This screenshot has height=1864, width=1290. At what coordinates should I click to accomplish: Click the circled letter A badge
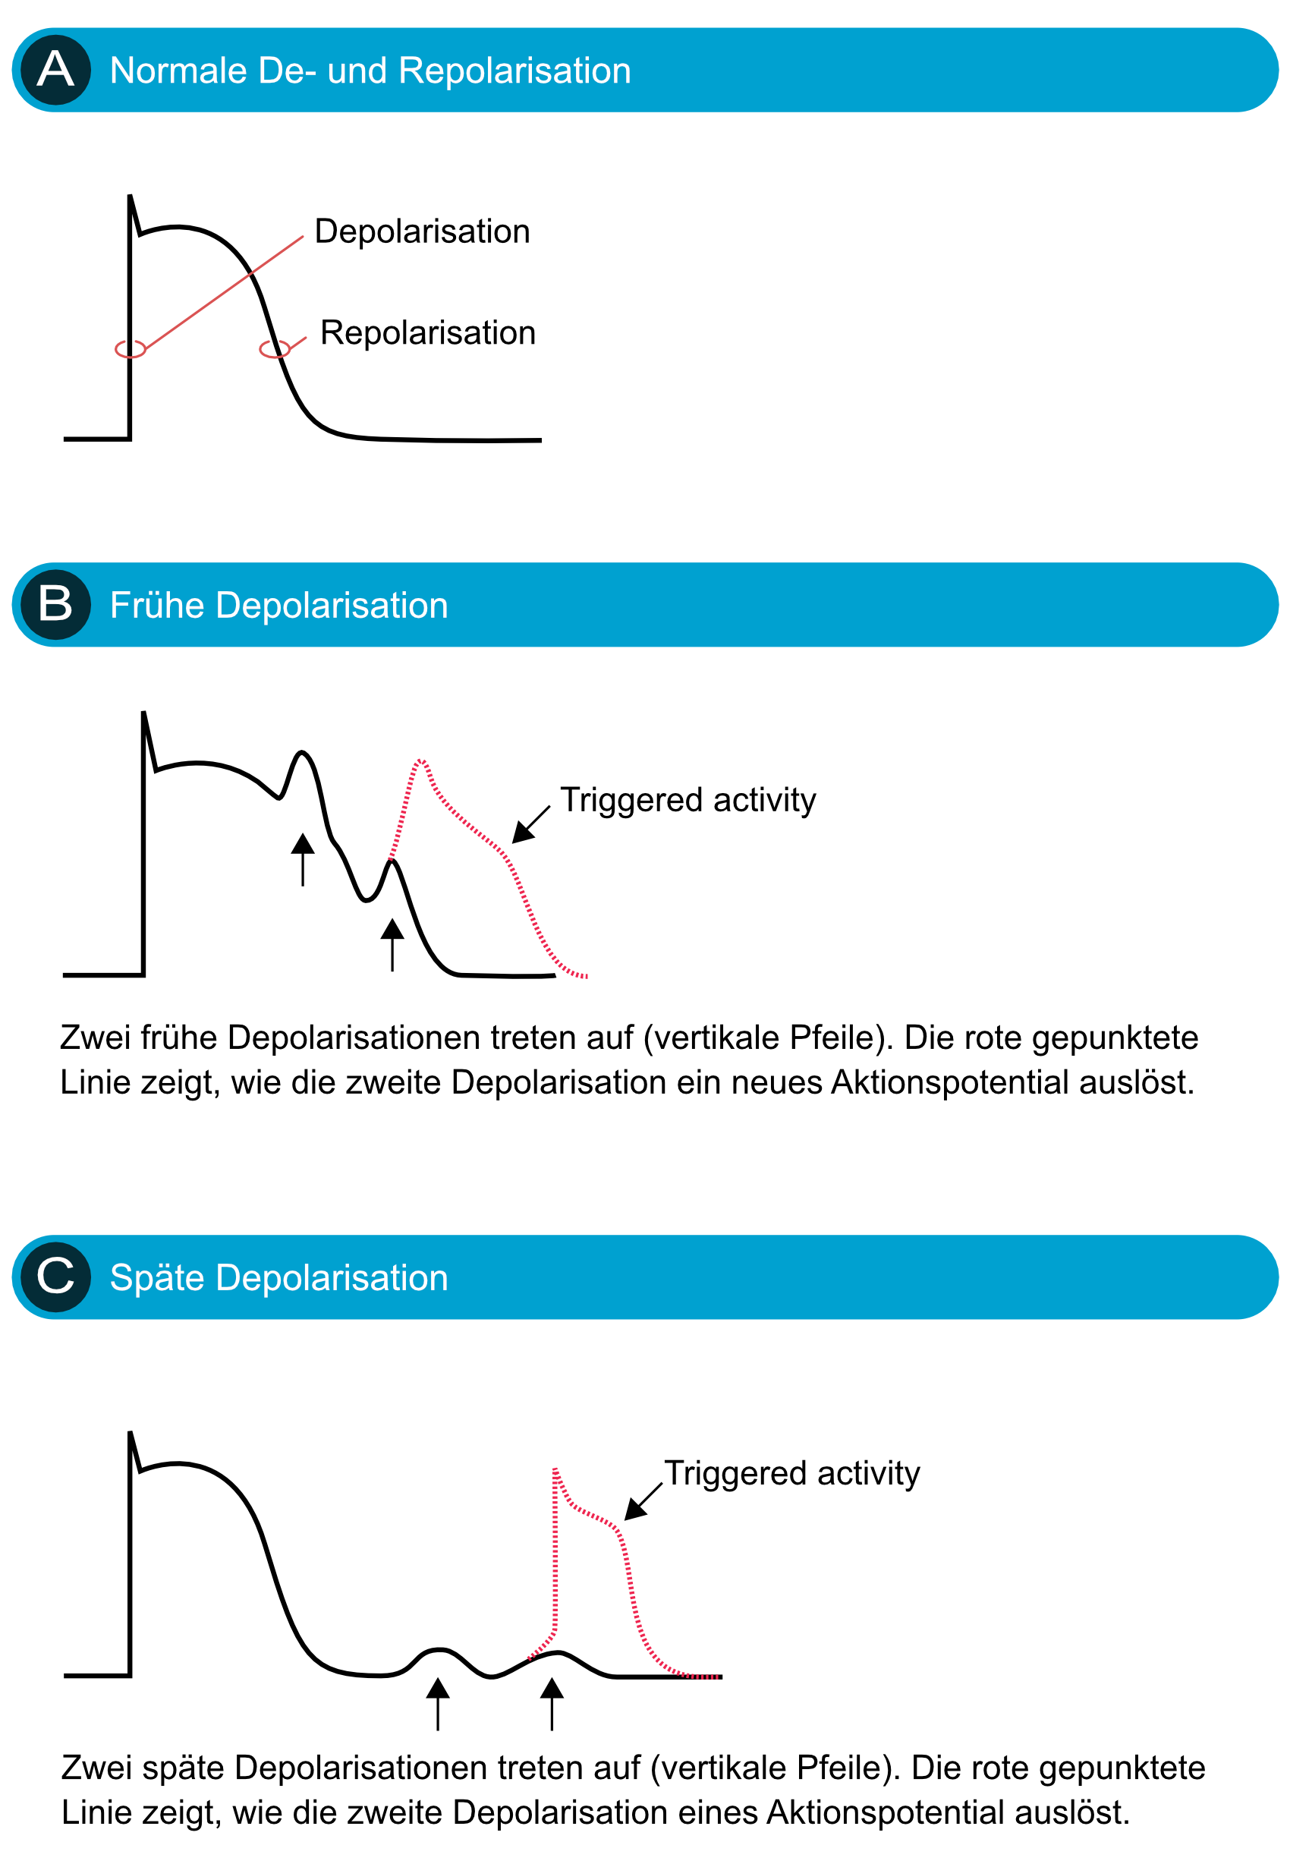[x=55, y=70]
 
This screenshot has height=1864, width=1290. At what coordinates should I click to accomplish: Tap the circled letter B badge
[x=55, y=605]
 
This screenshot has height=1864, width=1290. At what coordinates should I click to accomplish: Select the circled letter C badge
[x=55, y=1277]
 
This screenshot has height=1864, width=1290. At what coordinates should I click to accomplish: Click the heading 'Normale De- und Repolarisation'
[x=370, y=71]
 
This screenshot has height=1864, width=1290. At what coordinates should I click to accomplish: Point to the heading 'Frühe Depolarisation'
[x=278, y=606]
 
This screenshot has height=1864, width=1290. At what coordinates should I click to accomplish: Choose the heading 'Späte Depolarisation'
[x=278, y=1278]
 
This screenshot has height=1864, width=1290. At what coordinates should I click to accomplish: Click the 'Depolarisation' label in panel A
[x=422, y=231]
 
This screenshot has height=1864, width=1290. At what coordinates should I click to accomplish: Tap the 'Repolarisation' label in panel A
[x=427, y=333]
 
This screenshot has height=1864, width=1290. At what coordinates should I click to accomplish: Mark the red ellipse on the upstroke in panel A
[x=130, y=349]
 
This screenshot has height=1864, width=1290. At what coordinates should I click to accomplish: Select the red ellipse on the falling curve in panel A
[x=275, y=349]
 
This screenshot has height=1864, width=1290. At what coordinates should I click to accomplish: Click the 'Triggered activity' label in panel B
[x=687, y=800]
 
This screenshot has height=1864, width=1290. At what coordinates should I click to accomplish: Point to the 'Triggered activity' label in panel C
[x=792, y=1474]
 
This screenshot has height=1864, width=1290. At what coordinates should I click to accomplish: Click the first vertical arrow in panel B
[x=303, y=860]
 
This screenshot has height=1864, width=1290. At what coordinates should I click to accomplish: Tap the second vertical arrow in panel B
[x=393, y=945]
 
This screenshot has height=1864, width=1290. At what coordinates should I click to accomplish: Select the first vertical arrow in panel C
[x=438, y=1704]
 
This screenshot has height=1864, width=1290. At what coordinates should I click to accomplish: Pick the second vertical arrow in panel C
[x=552, y=1704]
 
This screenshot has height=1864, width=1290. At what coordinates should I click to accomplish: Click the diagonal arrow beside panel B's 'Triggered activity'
[x=531, y=824]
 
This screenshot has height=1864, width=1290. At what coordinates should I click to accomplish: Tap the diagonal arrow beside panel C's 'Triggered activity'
[x=643, y=1501]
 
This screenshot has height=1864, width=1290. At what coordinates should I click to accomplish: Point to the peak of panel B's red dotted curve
[x=420, y=760]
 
